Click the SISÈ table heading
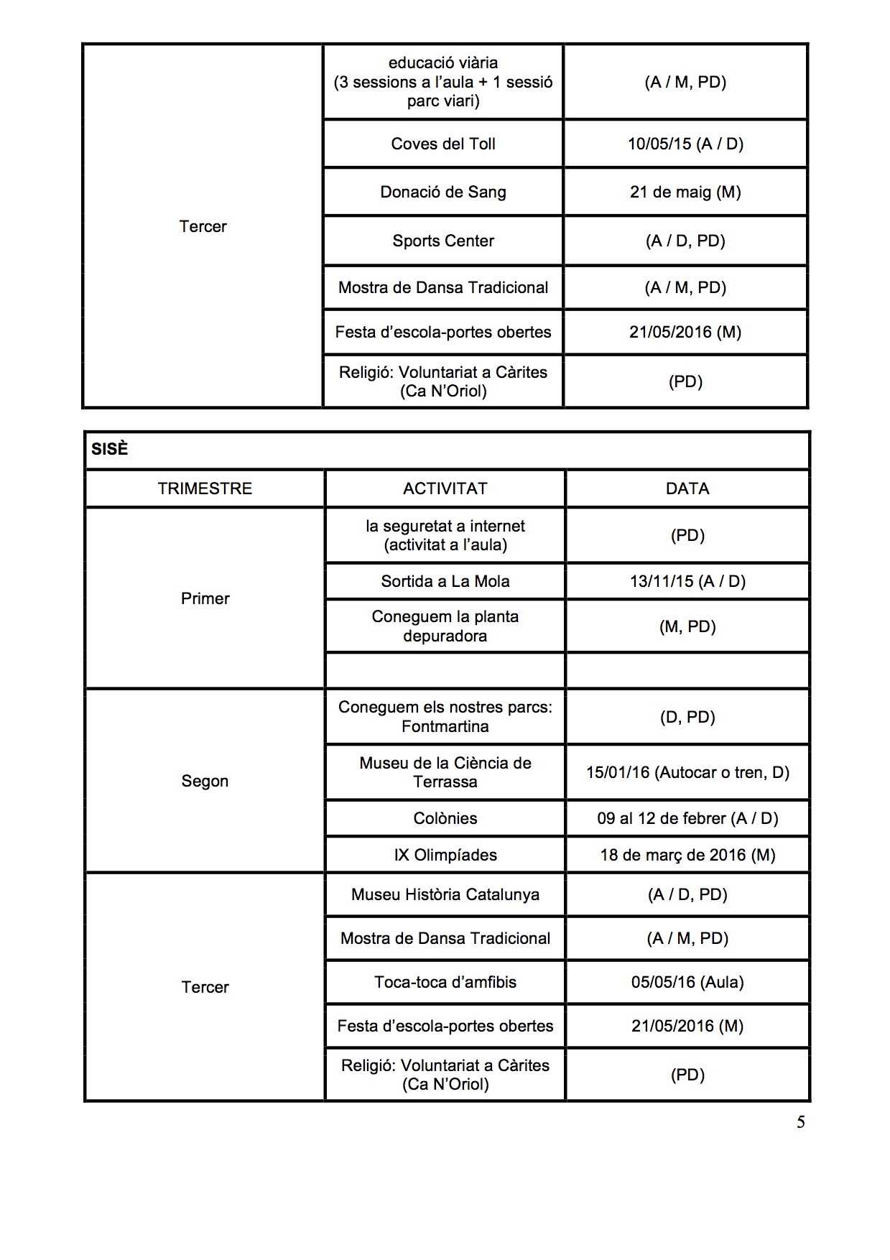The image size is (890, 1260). [x=110, y=449]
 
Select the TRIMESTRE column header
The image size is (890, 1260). [x=205, y=488]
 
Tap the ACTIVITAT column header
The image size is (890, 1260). [x=445, y=488]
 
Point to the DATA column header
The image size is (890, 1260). [x=687, y=488]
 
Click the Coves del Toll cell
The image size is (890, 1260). [x=443, y=144]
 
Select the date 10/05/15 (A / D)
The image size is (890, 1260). [x=685, y=144]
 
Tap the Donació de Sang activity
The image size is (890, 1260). [x=443, y=192]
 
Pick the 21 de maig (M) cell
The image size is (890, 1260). [x=685, y=192]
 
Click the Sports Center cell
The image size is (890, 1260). [x=443, y=241]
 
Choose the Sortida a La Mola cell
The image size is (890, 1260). [x=445, y=581]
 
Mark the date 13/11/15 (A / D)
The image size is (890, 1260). [x=687, y=581]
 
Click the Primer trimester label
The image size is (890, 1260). [x=205, y=598]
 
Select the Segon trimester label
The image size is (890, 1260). [x=205, y=781]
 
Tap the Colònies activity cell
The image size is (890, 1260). [x=445, y=818]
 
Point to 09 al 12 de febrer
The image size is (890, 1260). [x=687, y=818]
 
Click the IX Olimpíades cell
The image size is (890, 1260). [x=445, y=855]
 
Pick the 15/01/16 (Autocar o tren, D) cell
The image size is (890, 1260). [x=687, y=772]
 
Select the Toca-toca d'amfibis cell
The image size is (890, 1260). [x=445, y=982]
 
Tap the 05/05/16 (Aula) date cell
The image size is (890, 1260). [x=687, y=982]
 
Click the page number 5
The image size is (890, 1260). [x=800, y=1122]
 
